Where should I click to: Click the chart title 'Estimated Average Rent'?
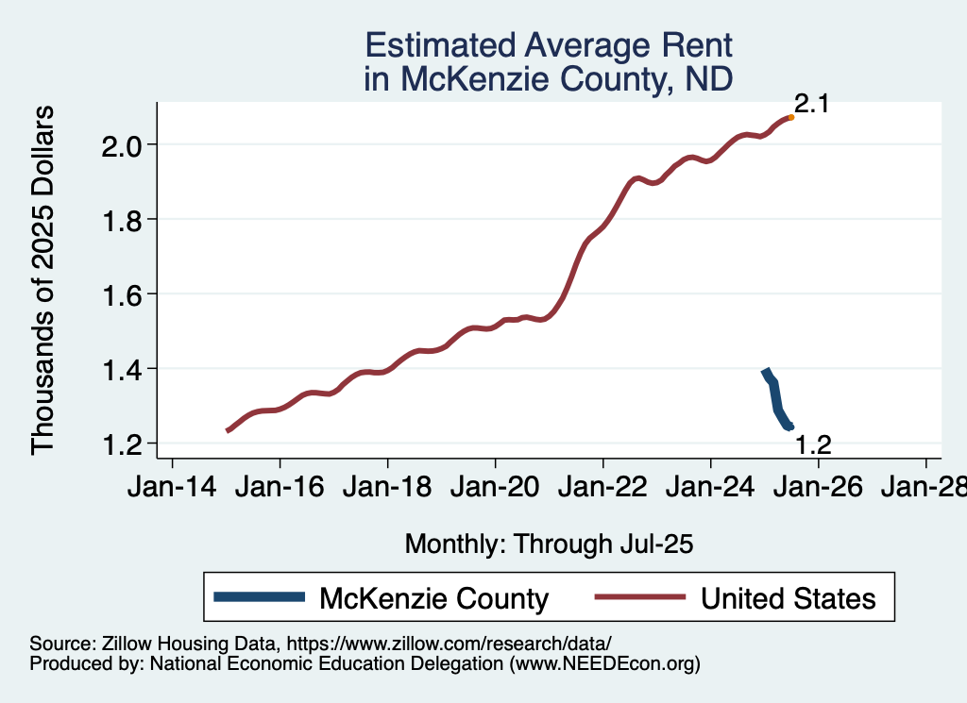[549, 46]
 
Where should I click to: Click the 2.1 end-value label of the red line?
[811, 104]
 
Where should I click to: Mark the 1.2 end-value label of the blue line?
[813, 444]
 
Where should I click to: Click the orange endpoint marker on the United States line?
[790, 117]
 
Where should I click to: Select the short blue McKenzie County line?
[775, 398]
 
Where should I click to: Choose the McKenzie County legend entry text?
[434, 598]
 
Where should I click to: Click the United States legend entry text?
[789, 598]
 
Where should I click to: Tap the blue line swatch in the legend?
[260, 596]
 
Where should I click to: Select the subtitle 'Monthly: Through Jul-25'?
[549, 544]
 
